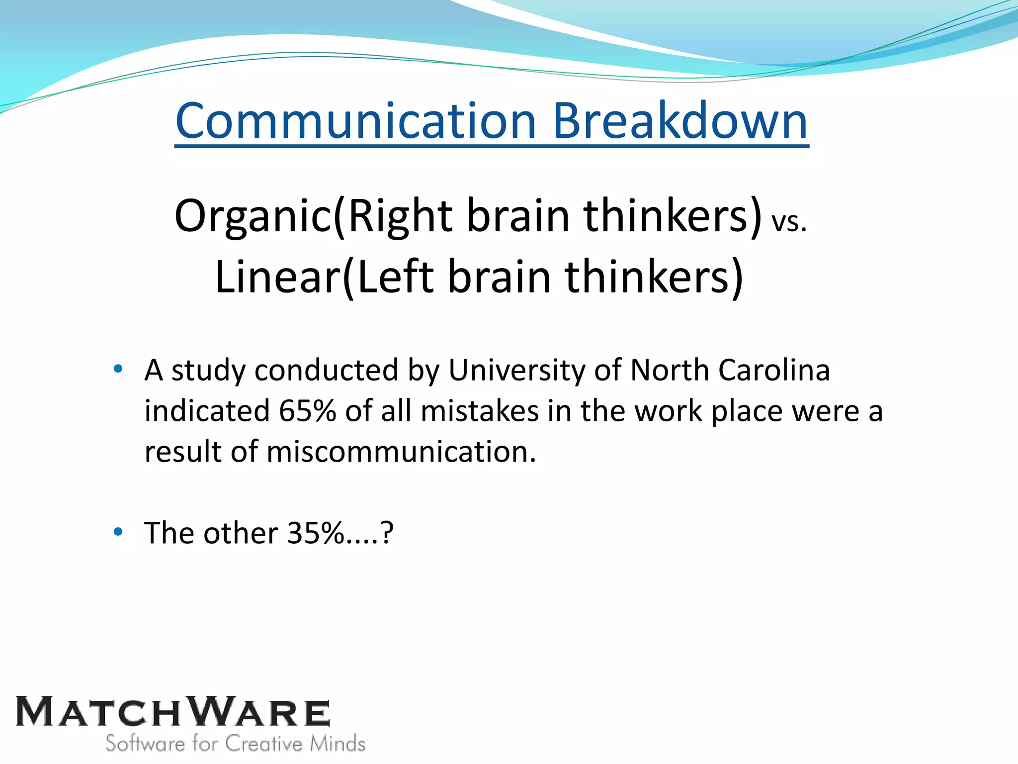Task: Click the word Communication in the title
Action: (355, 121)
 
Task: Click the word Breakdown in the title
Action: (680, 121)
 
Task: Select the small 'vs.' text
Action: (789, 222)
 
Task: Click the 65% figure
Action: (307, 411)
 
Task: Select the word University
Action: (517, 371)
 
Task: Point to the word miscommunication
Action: (401, 452)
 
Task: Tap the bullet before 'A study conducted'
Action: (118, 369)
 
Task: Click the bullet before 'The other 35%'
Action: (118, 532)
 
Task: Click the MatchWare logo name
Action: (172, 712)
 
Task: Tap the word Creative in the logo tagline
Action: (264, 744)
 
